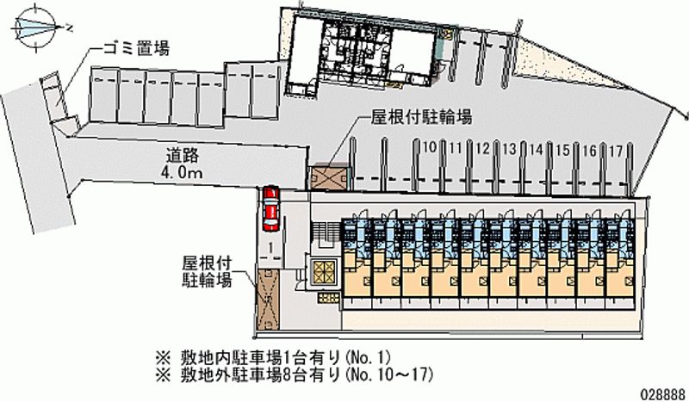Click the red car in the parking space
[272, 208]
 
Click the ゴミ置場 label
[138, 48]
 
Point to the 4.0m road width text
[183, 174]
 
